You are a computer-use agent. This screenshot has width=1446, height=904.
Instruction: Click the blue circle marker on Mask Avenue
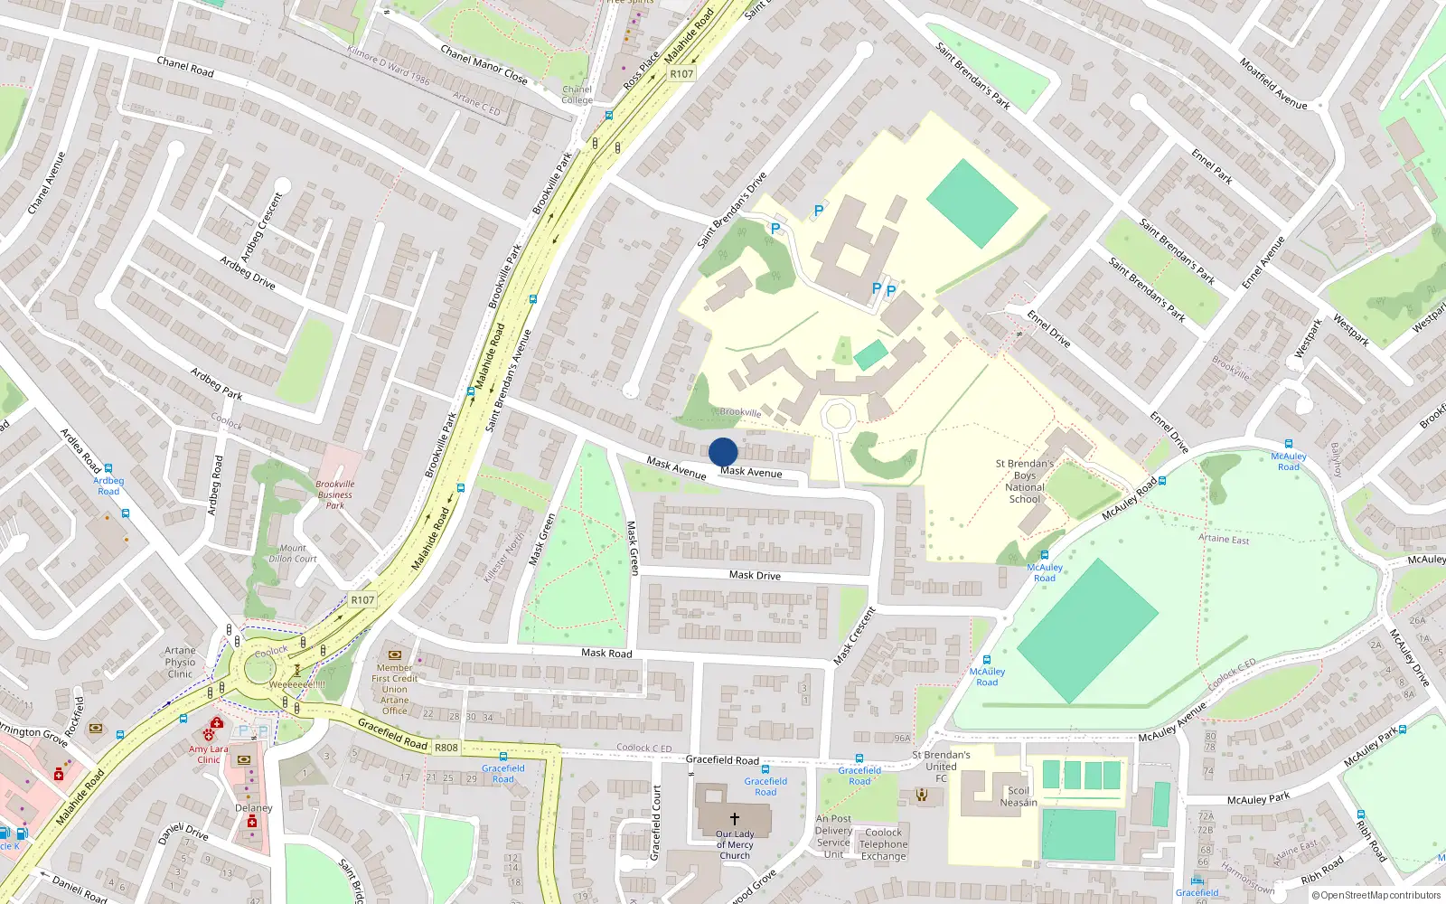(x=723, y=452)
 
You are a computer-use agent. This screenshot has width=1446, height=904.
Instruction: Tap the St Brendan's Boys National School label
(x=1025, y=481)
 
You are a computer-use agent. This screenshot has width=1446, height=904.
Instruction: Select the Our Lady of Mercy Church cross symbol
(x=735, y=819)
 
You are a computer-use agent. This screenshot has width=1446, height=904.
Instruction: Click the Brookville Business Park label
(x=334, y=494)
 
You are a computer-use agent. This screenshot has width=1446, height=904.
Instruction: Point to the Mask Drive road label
(x=755, y=575)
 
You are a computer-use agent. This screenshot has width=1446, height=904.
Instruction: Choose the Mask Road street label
(x=606, y=653)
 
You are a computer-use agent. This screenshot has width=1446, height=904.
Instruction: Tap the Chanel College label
(x=577, y=94)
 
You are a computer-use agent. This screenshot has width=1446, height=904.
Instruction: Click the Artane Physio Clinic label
(x=180, y=662)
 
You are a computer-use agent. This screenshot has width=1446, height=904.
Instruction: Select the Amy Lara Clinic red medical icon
(x=215, y=725)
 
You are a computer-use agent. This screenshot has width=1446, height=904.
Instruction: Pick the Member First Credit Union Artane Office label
(x=395, y=689)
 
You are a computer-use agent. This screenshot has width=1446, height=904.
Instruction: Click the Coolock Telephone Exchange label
(x=883, y=844)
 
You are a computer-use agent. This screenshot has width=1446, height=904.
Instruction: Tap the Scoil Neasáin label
(x=1019, y=796)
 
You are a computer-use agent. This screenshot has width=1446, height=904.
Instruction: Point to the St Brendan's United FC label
(x=941, y=766)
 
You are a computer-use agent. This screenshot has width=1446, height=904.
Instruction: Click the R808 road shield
(x=446, y=748)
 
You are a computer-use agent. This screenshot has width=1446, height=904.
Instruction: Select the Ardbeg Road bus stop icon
(x=108, y=469)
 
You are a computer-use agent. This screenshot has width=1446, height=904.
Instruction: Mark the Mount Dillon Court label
(x=293, y=553)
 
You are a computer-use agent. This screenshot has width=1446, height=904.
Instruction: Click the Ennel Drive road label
(x=1048, y=329)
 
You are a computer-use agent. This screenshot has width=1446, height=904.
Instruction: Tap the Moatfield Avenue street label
(x=1272, y=84)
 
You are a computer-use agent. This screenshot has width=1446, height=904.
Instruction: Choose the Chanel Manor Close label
(x=484, y=64)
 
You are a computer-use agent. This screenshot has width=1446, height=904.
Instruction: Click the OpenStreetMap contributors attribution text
(x=1376, y=895)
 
